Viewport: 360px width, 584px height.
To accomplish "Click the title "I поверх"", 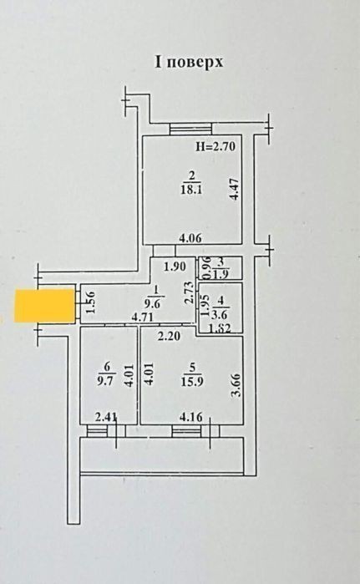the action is coord(189,62).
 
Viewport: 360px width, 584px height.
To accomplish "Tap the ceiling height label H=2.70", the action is coord(215,147).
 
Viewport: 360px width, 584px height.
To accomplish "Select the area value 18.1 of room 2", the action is coord(191,190).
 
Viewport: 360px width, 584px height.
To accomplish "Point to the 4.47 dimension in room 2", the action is coord(234,189).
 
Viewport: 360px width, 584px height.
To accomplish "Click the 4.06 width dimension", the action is coord(190,237).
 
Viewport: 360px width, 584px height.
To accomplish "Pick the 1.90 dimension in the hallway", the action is coord(175,267).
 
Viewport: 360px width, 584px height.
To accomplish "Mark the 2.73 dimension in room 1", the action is coord(190,292).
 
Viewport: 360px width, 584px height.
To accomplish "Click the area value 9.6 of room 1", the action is coord(152,304).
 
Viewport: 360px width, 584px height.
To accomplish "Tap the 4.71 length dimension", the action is coord(144,318).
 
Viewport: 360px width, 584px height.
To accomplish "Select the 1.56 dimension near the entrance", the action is coord(91,302).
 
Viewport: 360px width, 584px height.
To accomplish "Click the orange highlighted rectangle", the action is coord(44,305).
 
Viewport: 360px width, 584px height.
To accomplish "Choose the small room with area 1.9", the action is coord(220,268).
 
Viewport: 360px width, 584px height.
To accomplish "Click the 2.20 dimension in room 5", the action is coord(169,337).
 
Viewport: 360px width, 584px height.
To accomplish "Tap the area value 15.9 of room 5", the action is coord(192,382).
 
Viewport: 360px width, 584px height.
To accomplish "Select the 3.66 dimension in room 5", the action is coord(236,386).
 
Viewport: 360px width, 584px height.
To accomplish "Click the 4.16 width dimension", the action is coord(191,417).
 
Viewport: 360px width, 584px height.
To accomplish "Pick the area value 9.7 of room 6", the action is coord(105,381).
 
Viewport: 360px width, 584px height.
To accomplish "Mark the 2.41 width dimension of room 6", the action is coord(106,417).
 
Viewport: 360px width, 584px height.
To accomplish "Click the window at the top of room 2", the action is coord(190,129).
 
